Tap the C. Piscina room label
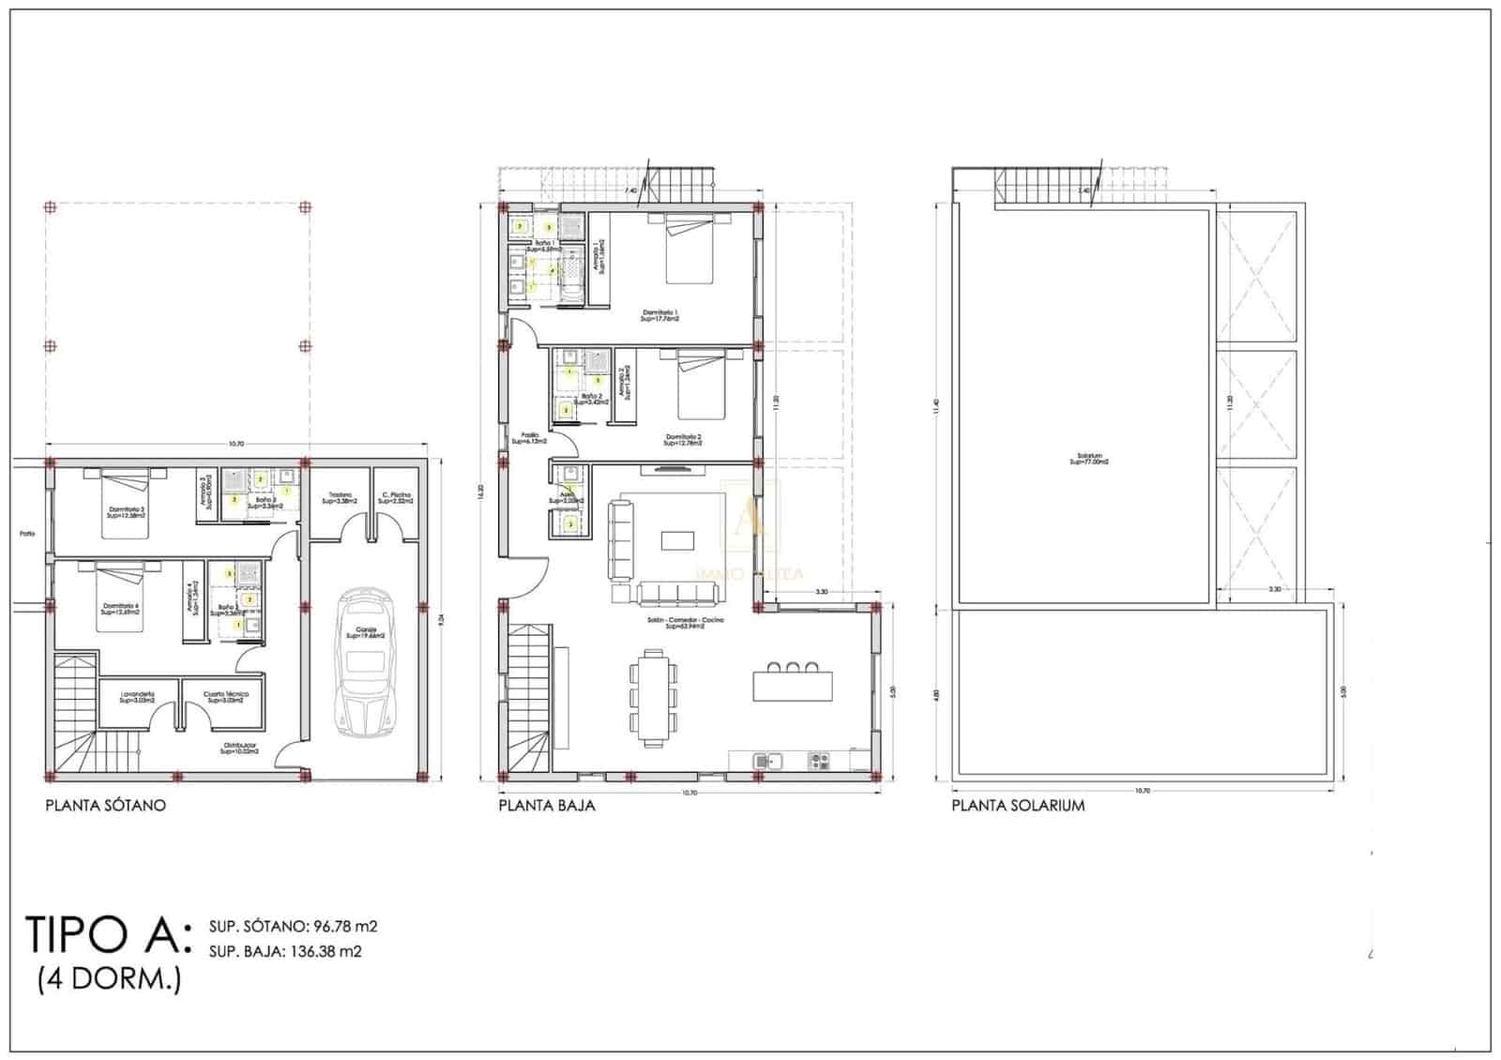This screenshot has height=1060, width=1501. pos(395,498)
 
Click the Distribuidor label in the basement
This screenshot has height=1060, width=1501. pos(239,749)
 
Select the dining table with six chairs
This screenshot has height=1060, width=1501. pos(652,695)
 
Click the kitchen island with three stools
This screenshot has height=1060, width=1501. pos(793,682)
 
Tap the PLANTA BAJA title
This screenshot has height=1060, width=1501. pos(546,805)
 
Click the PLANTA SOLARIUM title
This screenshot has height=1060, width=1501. pos(1018,805)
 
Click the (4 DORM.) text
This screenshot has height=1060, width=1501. pos(109,979)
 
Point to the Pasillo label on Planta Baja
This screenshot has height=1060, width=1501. pos(530,437)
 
